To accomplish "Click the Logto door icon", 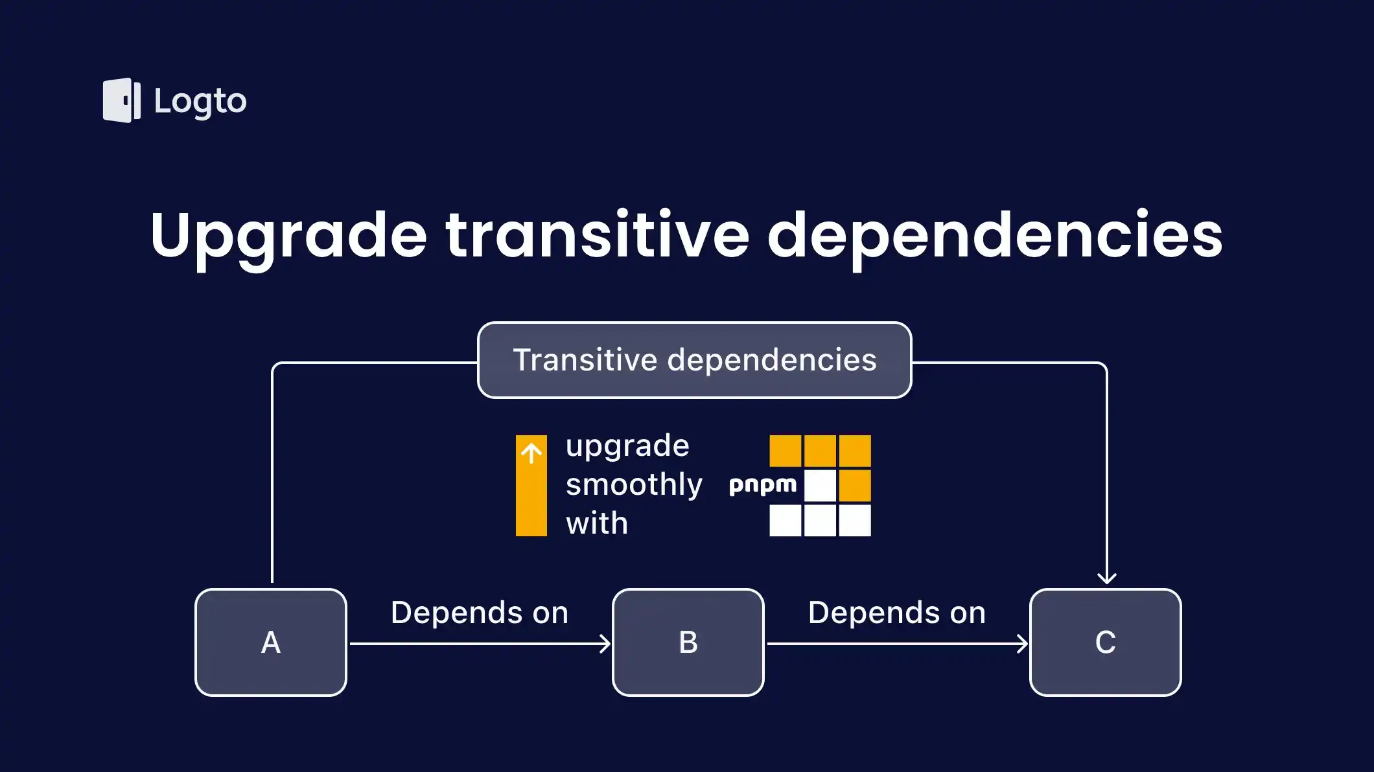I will pyautogui.click(x=121, y=100).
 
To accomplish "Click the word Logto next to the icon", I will pyautogui.click(x=200, y=102).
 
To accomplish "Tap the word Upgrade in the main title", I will pyautogui.click(x=288, y=236).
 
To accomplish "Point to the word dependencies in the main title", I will pyautogui.click(x=995, y=236).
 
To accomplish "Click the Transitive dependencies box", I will pyautogui.click(x=694, y=360).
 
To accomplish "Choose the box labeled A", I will pyautogui.click(x=271, y=642).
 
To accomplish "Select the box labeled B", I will pyautogui.click(x=688, y=642).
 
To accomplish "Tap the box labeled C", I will pyautogui.click(x=1106, y=642).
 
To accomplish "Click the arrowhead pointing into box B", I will pyautogui.click(x=605, y=644).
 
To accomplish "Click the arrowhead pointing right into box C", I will pyautogui.click(x=1023, y=644).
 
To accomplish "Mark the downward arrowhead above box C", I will pyautogui.click(x=1107, y=578).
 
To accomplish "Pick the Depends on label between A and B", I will pyautogui.click(x=480, y=613).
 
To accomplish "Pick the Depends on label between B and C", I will pyautogui.click(x=897, y=613).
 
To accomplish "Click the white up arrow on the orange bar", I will pyautogui.click(x=531, y=453).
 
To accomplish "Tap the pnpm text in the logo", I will pyautogui.click(x=763, y=485).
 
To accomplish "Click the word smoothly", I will pyautogui.click(x=634, y=484).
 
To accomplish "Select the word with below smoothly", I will pyautogui.click(x=597, y=523).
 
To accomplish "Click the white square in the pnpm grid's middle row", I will pyautogui.click(x=820, y=486).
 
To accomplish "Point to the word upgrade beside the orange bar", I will pyautogui.click(x=627, y=446).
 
